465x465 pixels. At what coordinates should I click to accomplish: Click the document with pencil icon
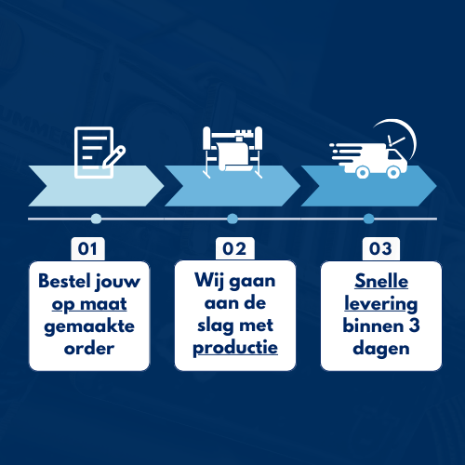100,153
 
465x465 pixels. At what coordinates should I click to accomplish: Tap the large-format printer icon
232,152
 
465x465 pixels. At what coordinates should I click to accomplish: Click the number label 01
87,248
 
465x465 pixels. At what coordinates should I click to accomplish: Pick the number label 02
234,248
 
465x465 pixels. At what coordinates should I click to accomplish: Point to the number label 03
381,248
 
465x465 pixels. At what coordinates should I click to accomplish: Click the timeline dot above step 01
96,219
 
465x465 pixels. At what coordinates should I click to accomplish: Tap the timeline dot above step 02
232,219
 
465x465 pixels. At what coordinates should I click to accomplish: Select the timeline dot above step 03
368,219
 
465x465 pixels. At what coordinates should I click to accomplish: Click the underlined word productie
235,348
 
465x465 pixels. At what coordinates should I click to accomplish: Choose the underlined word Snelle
381,281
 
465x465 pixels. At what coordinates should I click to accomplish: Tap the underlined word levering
381,304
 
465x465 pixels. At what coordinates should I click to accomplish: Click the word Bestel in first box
64,281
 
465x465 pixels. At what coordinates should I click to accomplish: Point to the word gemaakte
89,326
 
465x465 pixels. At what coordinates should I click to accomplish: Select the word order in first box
89,349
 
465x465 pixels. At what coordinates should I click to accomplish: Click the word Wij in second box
209,281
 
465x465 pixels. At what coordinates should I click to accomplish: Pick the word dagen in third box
381,350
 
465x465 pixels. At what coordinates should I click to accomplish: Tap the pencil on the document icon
114,156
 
